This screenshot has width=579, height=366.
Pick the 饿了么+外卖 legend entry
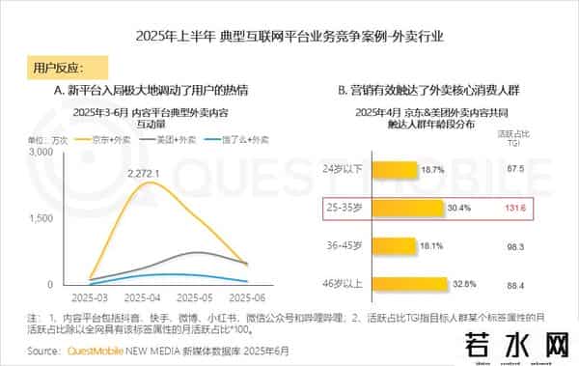coord(229,140)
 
